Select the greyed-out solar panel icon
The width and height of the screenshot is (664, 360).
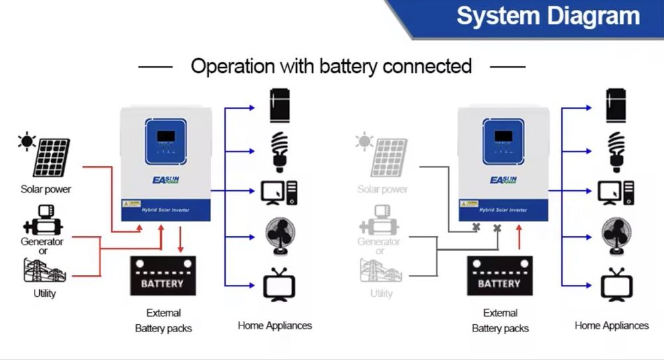pyautogui.click(x=389, y=157)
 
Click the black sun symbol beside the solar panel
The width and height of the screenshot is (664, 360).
pyautogui.click(x=27, y=141)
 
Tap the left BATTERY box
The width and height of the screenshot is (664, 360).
pyautogui.click(x=162, y=276)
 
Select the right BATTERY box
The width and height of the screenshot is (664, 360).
pyautogui.click(x=499, y=276)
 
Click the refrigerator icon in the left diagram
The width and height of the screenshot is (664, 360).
pyautogui.click(x=280, y=106)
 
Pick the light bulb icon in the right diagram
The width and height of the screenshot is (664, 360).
pyautogui.click(x=617, y=151)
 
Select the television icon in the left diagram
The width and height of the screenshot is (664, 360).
pyautogui.click(x=280, y=284)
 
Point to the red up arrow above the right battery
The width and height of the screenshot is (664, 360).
pyautogui.click(x=519, y=238)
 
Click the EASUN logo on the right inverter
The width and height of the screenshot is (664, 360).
pyautogui.click(x=503, y=180)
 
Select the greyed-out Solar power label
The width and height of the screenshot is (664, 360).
pyautogui.click(x=382, y=189)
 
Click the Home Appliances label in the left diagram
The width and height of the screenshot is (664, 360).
pyautogui.click(x=275, y=325)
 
